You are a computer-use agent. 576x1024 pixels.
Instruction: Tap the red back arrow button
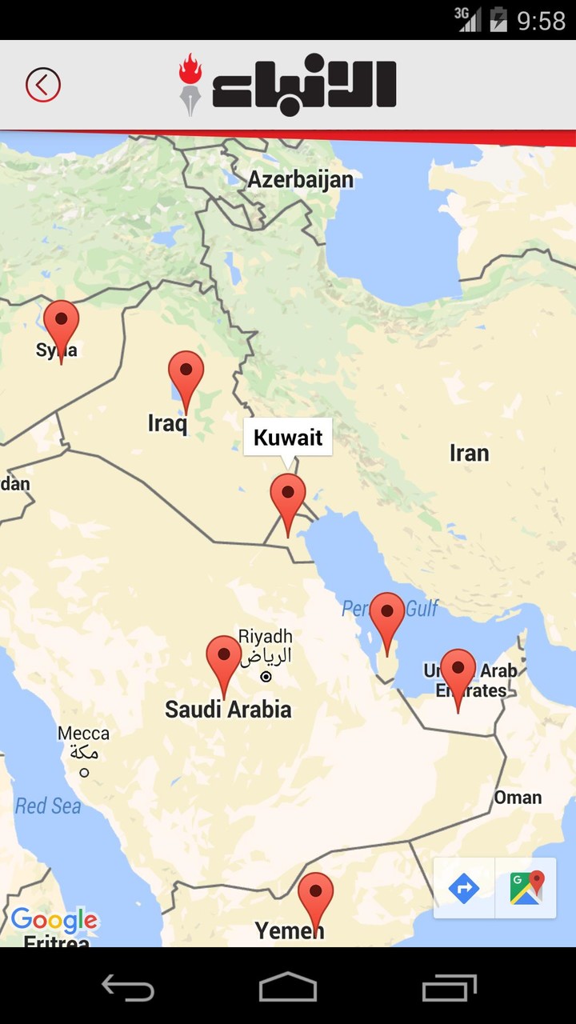click(x=43, y=85)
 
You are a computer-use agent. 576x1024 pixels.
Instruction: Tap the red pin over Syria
click(x=61, y=324)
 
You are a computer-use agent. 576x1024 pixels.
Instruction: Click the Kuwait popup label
click(x=288, y=438)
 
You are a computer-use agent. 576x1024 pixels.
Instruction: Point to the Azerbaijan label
click(x=300, y=179)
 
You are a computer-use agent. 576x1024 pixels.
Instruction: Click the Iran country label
click(x=469, y=454)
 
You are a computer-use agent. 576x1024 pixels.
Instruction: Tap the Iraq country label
click(x=167, y=423)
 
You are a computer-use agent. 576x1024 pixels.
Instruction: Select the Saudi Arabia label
click(x=228, y=710)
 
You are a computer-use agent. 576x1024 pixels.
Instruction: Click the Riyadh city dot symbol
click(x=266, y=677)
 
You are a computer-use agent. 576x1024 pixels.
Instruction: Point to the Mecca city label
click(x=83, y=734)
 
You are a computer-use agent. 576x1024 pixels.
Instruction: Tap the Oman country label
click(x=518, y=798)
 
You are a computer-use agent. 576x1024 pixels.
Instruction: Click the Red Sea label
click(x=48, y=806)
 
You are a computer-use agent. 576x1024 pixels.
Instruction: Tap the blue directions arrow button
click(x=464, y=887)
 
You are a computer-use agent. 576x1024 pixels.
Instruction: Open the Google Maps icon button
click(x=526, y=887)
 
